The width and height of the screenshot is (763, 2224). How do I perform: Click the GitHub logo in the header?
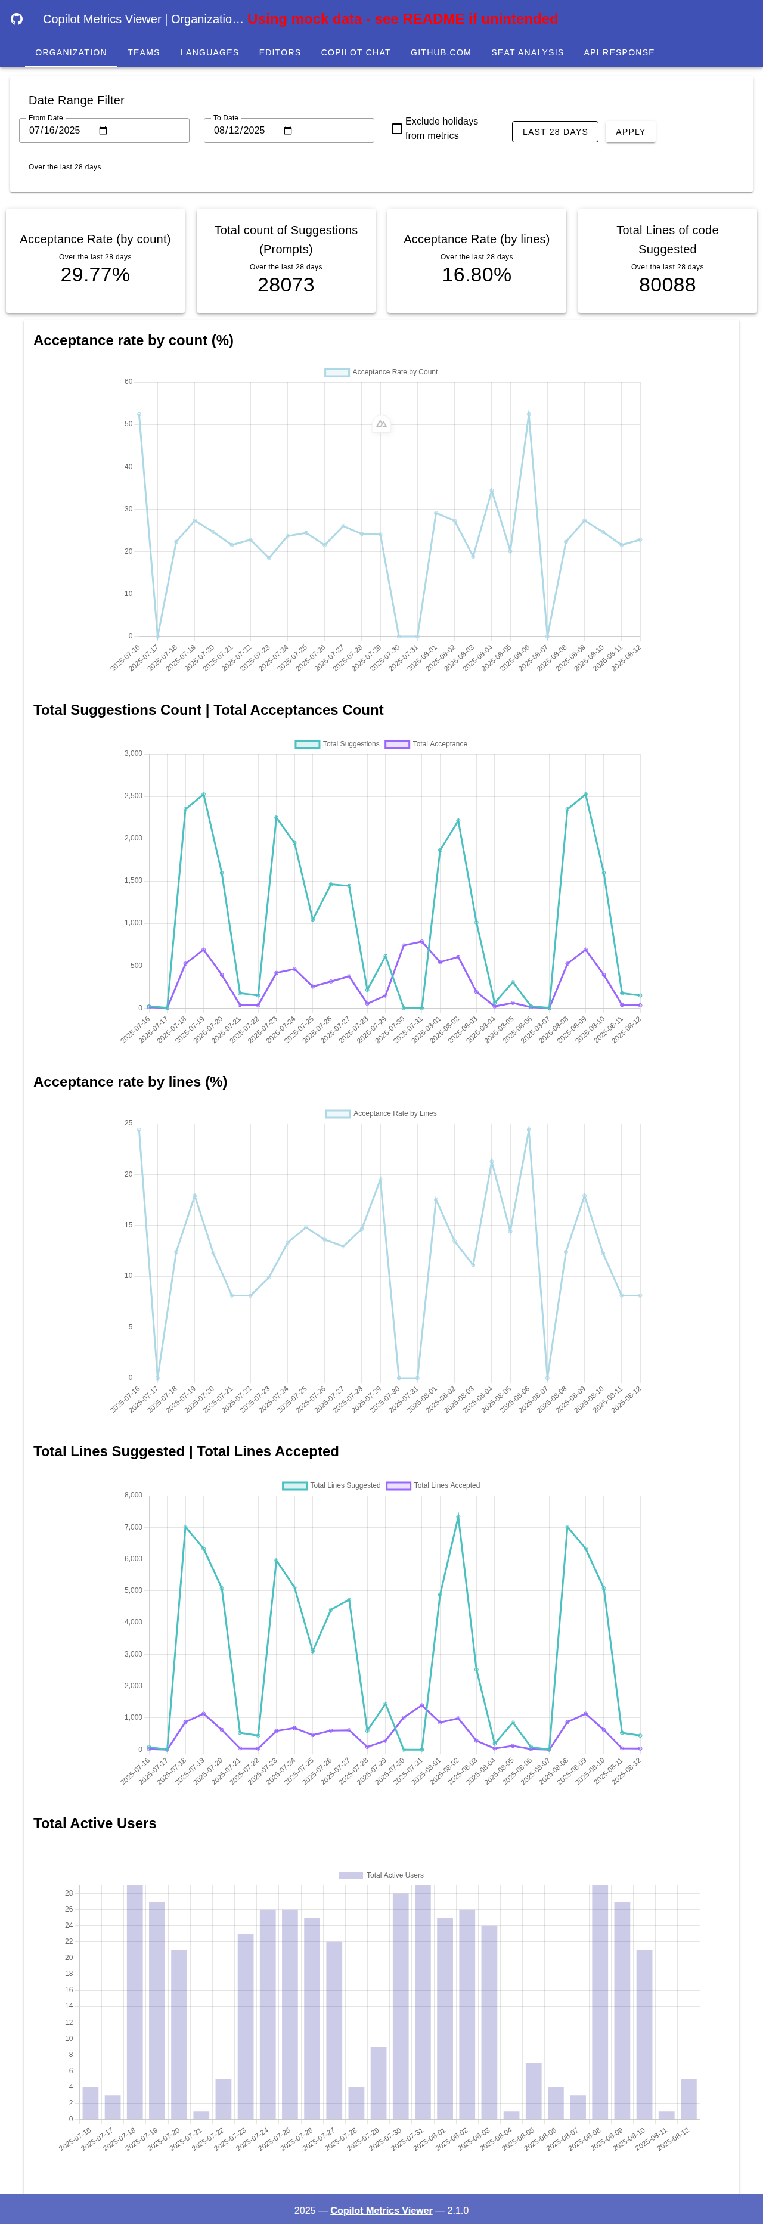click(x=17, y=19)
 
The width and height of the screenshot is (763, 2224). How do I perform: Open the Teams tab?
click(x=143, y=52)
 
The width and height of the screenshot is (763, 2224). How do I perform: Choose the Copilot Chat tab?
click(x=356, y=52)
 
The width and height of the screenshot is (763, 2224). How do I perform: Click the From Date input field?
click(x=104, y=131)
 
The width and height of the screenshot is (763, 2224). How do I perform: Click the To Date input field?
click(x=289, y=131)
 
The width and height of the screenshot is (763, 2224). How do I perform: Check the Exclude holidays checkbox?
click(x=397, y=129)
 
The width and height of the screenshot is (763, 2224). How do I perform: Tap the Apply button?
click(x=630, y=132)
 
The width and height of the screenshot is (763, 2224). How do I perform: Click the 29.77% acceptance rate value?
click(x=95, y=275)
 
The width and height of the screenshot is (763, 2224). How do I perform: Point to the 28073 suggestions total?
click(x=286, y=285)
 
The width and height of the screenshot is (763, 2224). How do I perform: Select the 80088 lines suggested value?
click(x=667, y=285)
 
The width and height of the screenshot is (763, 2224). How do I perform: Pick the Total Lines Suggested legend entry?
click(x=331, y=1486)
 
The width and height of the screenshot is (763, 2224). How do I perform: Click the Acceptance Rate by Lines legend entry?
click(x=381, y=1113)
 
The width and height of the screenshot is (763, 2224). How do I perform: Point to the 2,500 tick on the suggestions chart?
click(x=133, y=796)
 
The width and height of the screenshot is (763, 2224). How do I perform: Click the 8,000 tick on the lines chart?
click(x=133, y=1496)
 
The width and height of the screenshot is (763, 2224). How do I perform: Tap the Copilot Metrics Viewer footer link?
click(x=381, y=2210)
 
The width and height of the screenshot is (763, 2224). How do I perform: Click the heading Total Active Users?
click(x=95, y=1823)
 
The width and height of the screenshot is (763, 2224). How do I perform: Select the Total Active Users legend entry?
click(x=381, y=1875)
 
